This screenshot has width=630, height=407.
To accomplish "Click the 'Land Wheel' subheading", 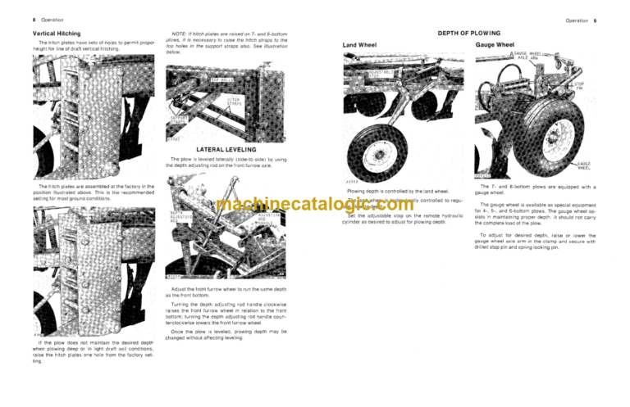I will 361,44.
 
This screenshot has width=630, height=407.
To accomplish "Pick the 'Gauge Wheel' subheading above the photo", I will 495,44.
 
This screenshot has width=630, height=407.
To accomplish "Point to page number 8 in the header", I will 34,19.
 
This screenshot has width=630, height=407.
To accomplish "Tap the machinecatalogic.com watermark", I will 315,204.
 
